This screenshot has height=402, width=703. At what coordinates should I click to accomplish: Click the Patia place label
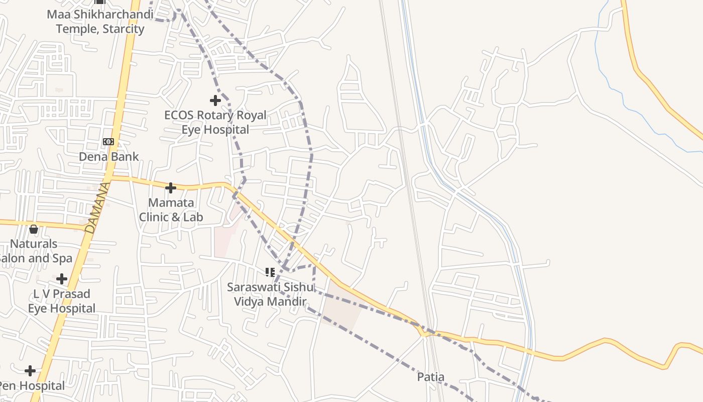click(431, 377)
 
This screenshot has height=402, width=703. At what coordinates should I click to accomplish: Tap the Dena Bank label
click(109, 157)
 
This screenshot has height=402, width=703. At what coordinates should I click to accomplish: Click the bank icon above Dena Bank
click(108, 142)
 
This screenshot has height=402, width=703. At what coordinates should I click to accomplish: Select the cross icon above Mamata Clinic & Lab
click(171, 188)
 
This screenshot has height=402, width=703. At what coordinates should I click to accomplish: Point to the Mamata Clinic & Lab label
click(171, 210)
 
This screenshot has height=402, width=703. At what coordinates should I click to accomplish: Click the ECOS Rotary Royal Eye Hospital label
click(215, 123)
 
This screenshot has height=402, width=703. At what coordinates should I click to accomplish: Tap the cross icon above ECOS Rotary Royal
click(215, 100)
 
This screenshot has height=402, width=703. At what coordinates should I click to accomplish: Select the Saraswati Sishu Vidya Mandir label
click(270, 294)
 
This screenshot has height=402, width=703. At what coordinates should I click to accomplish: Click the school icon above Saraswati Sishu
click(270, 272)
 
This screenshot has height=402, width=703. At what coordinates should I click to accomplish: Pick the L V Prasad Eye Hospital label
click(62, 301)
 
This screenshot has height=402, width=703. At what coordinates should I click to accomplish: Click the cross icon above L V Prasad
click(62, 278)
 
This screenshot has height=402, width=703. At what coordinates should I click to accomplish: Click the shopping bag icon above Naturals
click(34, 229)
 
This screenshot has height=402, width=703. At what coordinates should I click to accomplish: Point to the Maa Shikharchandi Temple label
click(100, 22)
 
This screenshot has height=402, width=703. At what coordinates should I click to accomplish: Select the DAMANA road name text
click(97, 208)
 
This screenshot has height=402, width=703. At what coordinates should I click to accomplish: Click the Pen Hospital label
click(32, 386)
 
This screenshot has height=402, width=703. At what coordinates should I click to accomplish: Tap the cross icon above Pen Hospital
click(30, 371)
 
